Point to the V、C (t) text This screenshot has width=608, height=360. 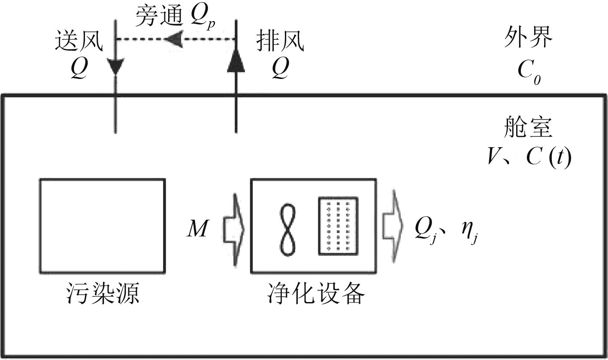tap(529, 158)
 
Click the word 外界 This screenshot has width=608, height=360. tap(528, 40)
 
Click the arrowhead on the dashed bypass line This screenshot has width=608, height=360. tap(174, 39)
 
